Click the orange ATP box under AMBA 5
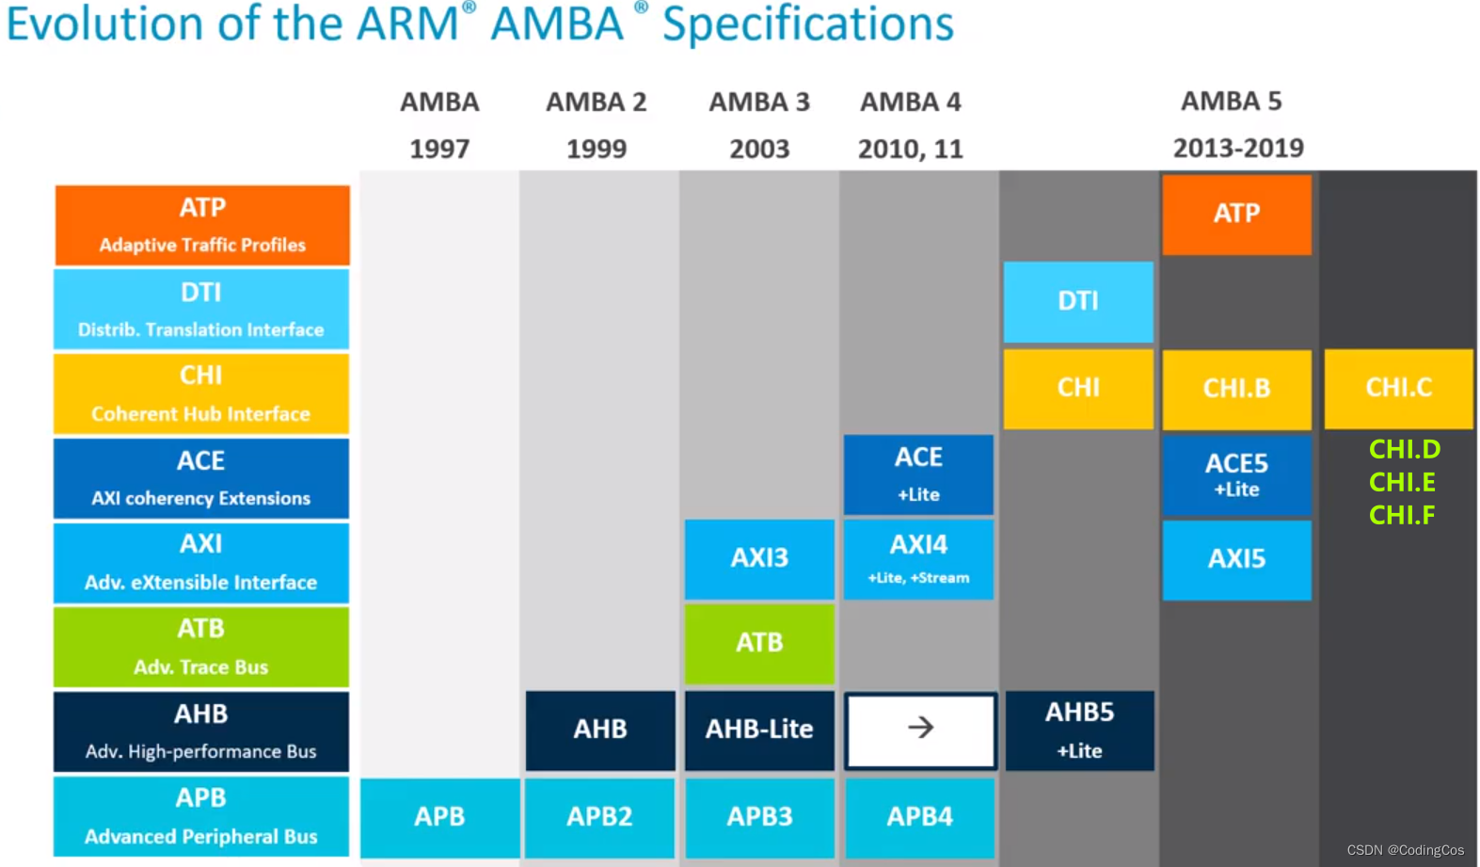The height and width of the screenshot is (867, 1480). [x=1235, y=214]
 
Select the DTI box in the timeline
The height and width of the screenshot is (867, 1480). [x=1077, y=301]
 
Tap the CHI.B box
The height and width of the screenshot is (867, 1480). [x=1235, y=388]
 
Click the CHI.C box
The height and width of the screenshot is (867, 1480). [x=1398, y=388]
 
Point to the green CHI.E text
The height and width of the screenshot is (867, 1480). [x=1401, y=482]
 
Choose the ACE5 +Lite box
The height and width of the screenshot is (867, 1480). [x=1235, y=474]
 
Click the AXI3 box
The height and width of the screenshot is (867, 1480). [x=759, y=558]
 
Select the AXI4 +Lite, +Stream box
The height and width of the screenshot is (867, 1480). [x=918, y=558]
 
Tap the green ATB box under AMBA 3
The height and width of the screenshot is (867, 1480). [x=759, y=643]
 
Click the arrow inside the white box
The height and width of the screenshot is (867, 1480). [x=920, y=728]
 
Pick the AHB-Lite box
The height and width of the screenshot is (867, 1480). [x=759, y=730]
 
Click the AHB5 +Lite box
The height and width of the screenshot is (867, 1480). [x=1079, y=730]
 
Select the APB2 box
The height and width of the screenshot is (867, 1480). [x=599, y=816]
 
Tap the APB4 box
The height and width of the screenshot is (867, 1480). [x=919, y=816]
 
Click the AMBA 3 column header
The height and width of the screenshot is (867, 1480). [x=758, y=102]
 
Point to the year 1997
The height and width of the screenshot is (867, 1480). [x=439, y=149]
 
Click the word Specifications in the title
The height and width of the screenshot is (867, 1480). [x=807, y=24]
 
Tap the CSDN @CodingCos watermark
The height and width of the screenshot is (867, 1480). [x=1405, y=850]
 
